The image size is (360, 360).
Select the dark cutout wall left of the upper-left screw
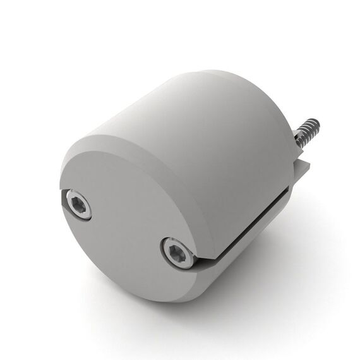point(65,201)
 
